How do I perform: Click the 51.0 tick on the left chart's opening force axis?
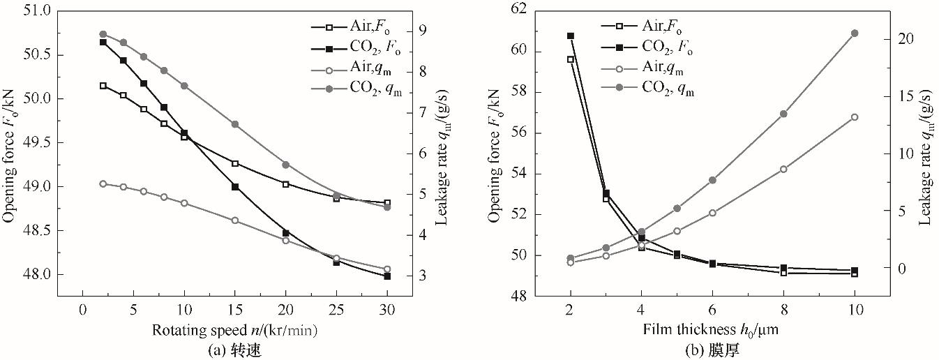pos(38,11)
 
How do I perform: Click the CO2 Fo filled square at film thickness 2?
pos(570,36)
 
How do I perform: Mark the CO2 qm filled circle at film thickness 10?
pos(855,33)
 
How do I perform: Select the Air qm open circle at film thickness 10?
pos(855,117)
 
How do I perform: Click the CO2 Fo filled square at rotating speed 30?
pos(387,276)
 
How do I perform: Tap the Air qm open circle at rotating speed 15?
pos(235,220)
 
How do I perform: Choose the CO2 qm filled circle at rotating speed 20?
pos(286,165)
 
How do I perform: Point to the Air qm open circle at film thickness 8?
pos(783,169)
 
